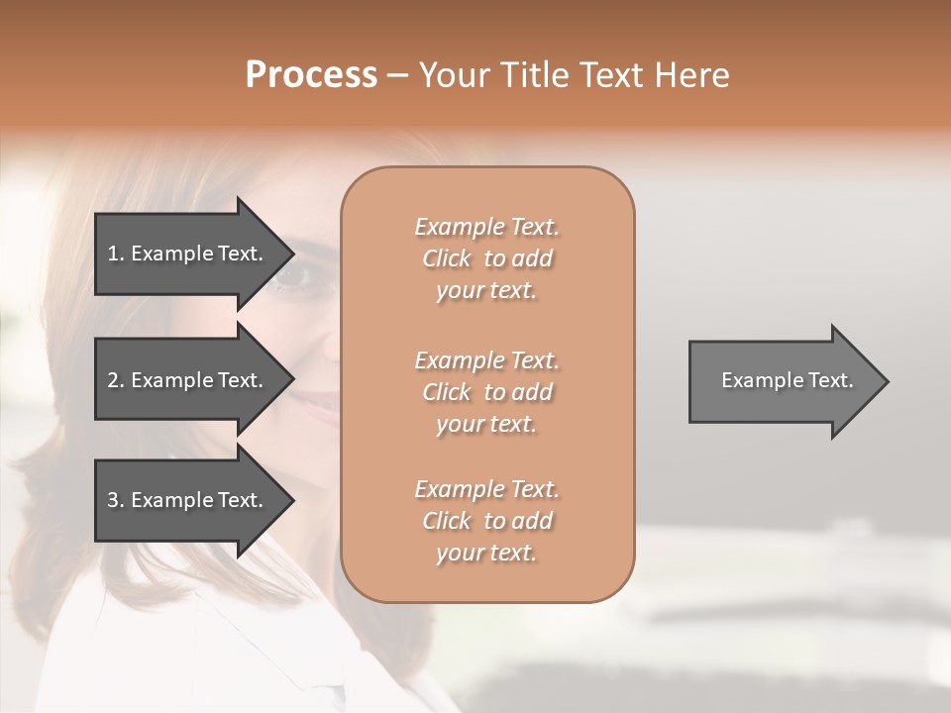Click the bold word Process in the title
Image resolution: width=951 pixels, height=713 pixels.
(x=311, y=75)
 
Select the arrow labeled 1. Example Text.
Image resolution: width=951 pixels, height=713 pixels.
(x=188, y=254)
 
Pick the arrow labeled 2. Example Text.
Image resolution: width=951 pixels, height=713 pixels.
(x=188, y=380)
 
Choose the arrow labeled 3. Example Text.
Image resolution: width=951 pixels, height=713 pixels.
(x=188, y=500)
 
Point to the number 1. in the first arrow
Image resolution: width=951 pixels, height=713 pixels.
(x=116, y=254)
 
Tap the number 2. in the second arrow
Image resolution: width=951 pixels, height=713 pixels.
(x=116, y=380)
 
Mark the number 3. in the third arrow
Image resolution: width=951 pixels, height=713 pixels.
(x=116, y=500)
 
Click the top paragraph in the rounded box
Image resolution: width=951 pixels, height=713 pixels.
(x=486, y=258)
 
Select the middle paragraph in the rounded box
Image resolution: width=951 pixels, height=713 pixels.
(x=486, y=391)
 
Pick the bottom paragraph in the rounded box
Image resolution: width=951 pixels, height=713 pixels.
(x=486, y=521)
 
